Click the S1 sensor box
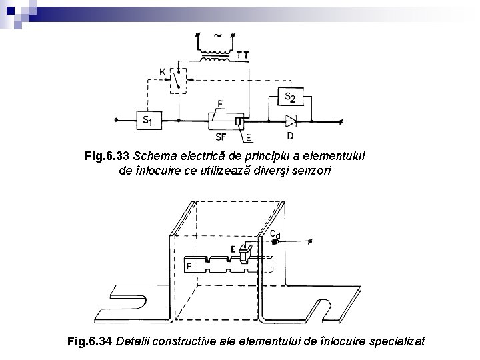[x=149, y=120]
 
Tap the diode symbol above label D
[x=291, y=121]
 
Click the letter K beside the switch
[x=162, y=71]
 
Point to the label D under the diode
[x=289, y=137]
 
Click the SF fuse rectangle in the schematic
[x=223, y=121]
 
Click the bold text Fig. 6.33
[x=107, y=156]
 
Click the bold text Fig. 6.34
[x=91, y=342]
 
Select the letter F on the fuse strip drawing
[x=190, y=266]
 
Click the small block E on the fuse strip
[x=245, y=251]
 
